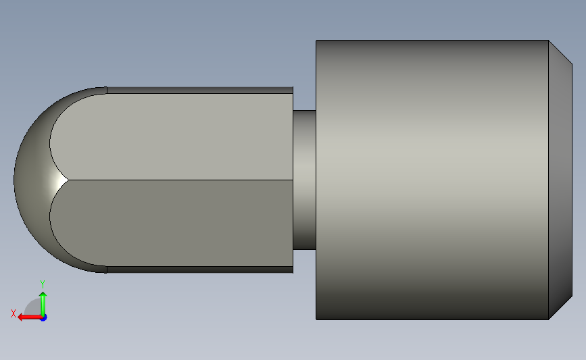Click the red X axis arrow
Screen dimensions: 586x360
tap(30, 317)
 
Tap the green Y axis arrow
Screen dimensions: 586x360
tap(43, 305)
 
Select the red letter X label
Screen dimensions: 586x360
tap(14, 313)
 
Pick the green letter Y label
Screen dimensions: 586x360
tap(43, 284)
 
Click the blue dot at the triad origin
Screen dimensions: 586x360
tap(44, 318)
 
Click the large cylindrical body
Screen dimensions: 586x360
tap(433, 180)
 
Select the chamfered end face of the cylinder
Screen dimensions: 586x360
tap(560, 180)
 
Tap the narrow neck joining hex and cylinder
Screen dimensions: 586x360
tap(304, 180)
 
